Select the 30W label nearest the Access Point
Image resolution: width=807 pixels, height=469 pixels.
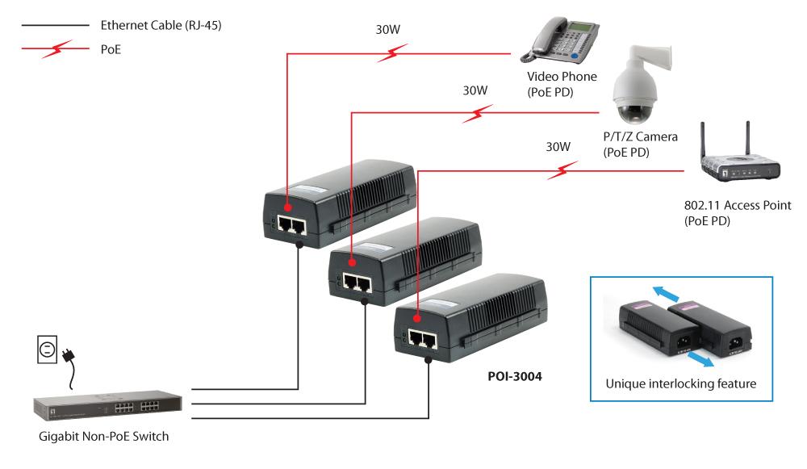click(x=558, y=147)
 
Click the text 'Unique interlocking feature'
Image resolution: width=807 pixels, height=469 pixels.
click(x=681, y=384)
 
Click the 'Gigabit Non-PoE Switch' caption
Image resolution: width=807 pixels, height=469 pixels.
click(x=104, y=438)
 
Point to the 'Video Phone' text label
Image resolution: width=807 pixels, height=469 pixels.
click(x=562, y=77)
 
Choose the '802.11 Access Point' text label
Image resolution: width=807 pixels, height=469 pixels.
click(x=737, y=205)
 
